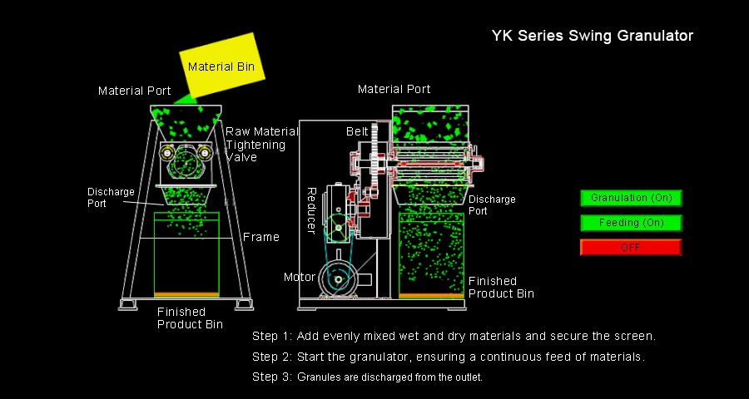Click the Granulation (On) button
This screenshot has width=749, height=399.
631,198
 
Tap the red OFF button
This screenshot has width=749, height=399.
631,248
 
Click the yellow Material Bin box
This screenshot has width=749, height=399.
222,66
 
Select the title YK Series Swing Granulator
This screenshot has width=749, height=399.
592,36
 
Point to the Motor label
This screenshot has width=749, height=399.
299,277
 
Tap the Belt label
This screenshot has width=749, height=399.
357,131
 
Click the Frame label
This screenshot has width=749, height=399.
260,237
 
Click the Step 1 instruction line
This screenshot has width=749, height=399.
454,337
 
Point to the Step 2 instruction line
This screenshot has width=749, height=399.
449,357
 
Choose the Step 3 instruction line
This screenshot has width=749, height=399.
367,377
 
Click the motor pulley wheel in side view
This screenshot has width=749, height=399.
339,280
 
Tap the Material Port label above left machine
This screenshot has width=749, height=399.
135,91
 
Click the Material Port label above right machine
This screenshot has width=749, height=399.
394,89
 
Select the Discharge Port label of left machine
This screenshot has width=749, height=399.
110,197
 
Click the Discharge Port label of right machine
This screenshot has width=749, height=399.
491,204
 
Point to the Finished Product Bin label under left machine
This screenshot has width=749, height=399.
190,318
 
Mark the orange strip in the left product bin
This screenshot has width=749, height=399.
187,294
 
